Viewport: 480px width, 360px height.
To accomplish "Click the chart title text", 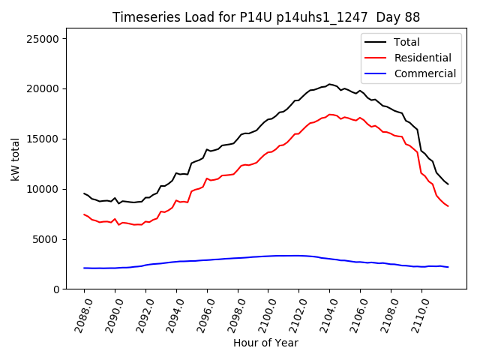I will [265, 16].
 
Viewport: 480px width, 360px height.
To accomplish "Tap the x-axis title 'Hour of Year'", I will [265, 343].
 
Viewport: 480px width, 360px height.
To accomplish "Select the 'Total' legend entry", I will [406, 42].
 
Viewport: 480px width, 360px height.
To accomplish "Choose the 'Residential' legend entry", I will [422, 58].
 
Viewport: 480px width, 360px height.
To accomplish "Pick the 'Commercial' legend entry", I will [424, 73].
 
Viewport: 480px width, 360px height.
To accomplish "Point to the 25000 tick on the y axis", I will [49, 38].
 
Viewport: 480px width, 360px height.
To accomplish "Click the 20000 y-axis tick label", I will [49, 88].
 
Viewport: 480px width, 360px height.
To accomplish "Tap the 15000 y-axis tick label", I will [49, 139].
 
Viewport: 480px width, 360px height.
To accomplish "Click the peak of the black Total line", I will [329, 84].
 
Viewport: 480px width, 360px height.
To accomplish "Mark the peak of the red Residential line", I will [330, 114].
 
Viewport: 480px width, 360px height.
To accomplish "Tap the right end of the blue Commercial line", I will [448, 267].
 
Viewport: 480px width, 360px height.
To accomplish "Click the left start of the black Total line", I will [84, 193].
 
